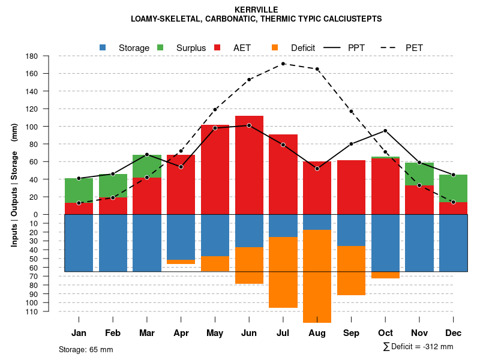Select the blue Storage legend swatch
pyautogui.click(x=103, y=47)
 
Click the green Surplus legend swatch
pyautogui.click(x=160, y=47)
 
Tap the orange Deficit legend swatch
pyautogui.click(x=275, y=47)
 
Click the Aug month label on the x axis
pyautogui.click(x=317, y=333)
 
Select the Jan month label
pyautogui.click(x=79, y=333)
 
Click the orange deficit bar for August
pyautogui.click(x=317, y=276)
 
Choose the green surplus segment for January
pyautogui.click(x=79, y=190)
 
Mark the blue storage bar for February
pyautogui.click(x=113, y=243)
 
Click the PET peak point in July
pyautogui.click(x=283, y=64)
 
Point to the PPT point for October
pyautogui.click(x=385, y=131)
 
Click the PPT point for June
pyautogui.click(x=249, y=125)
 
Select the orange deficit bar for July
pyautogui.click(x=283, y=272)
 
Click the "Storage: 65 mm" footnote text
pyautogui.click(x=86, y=349)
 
